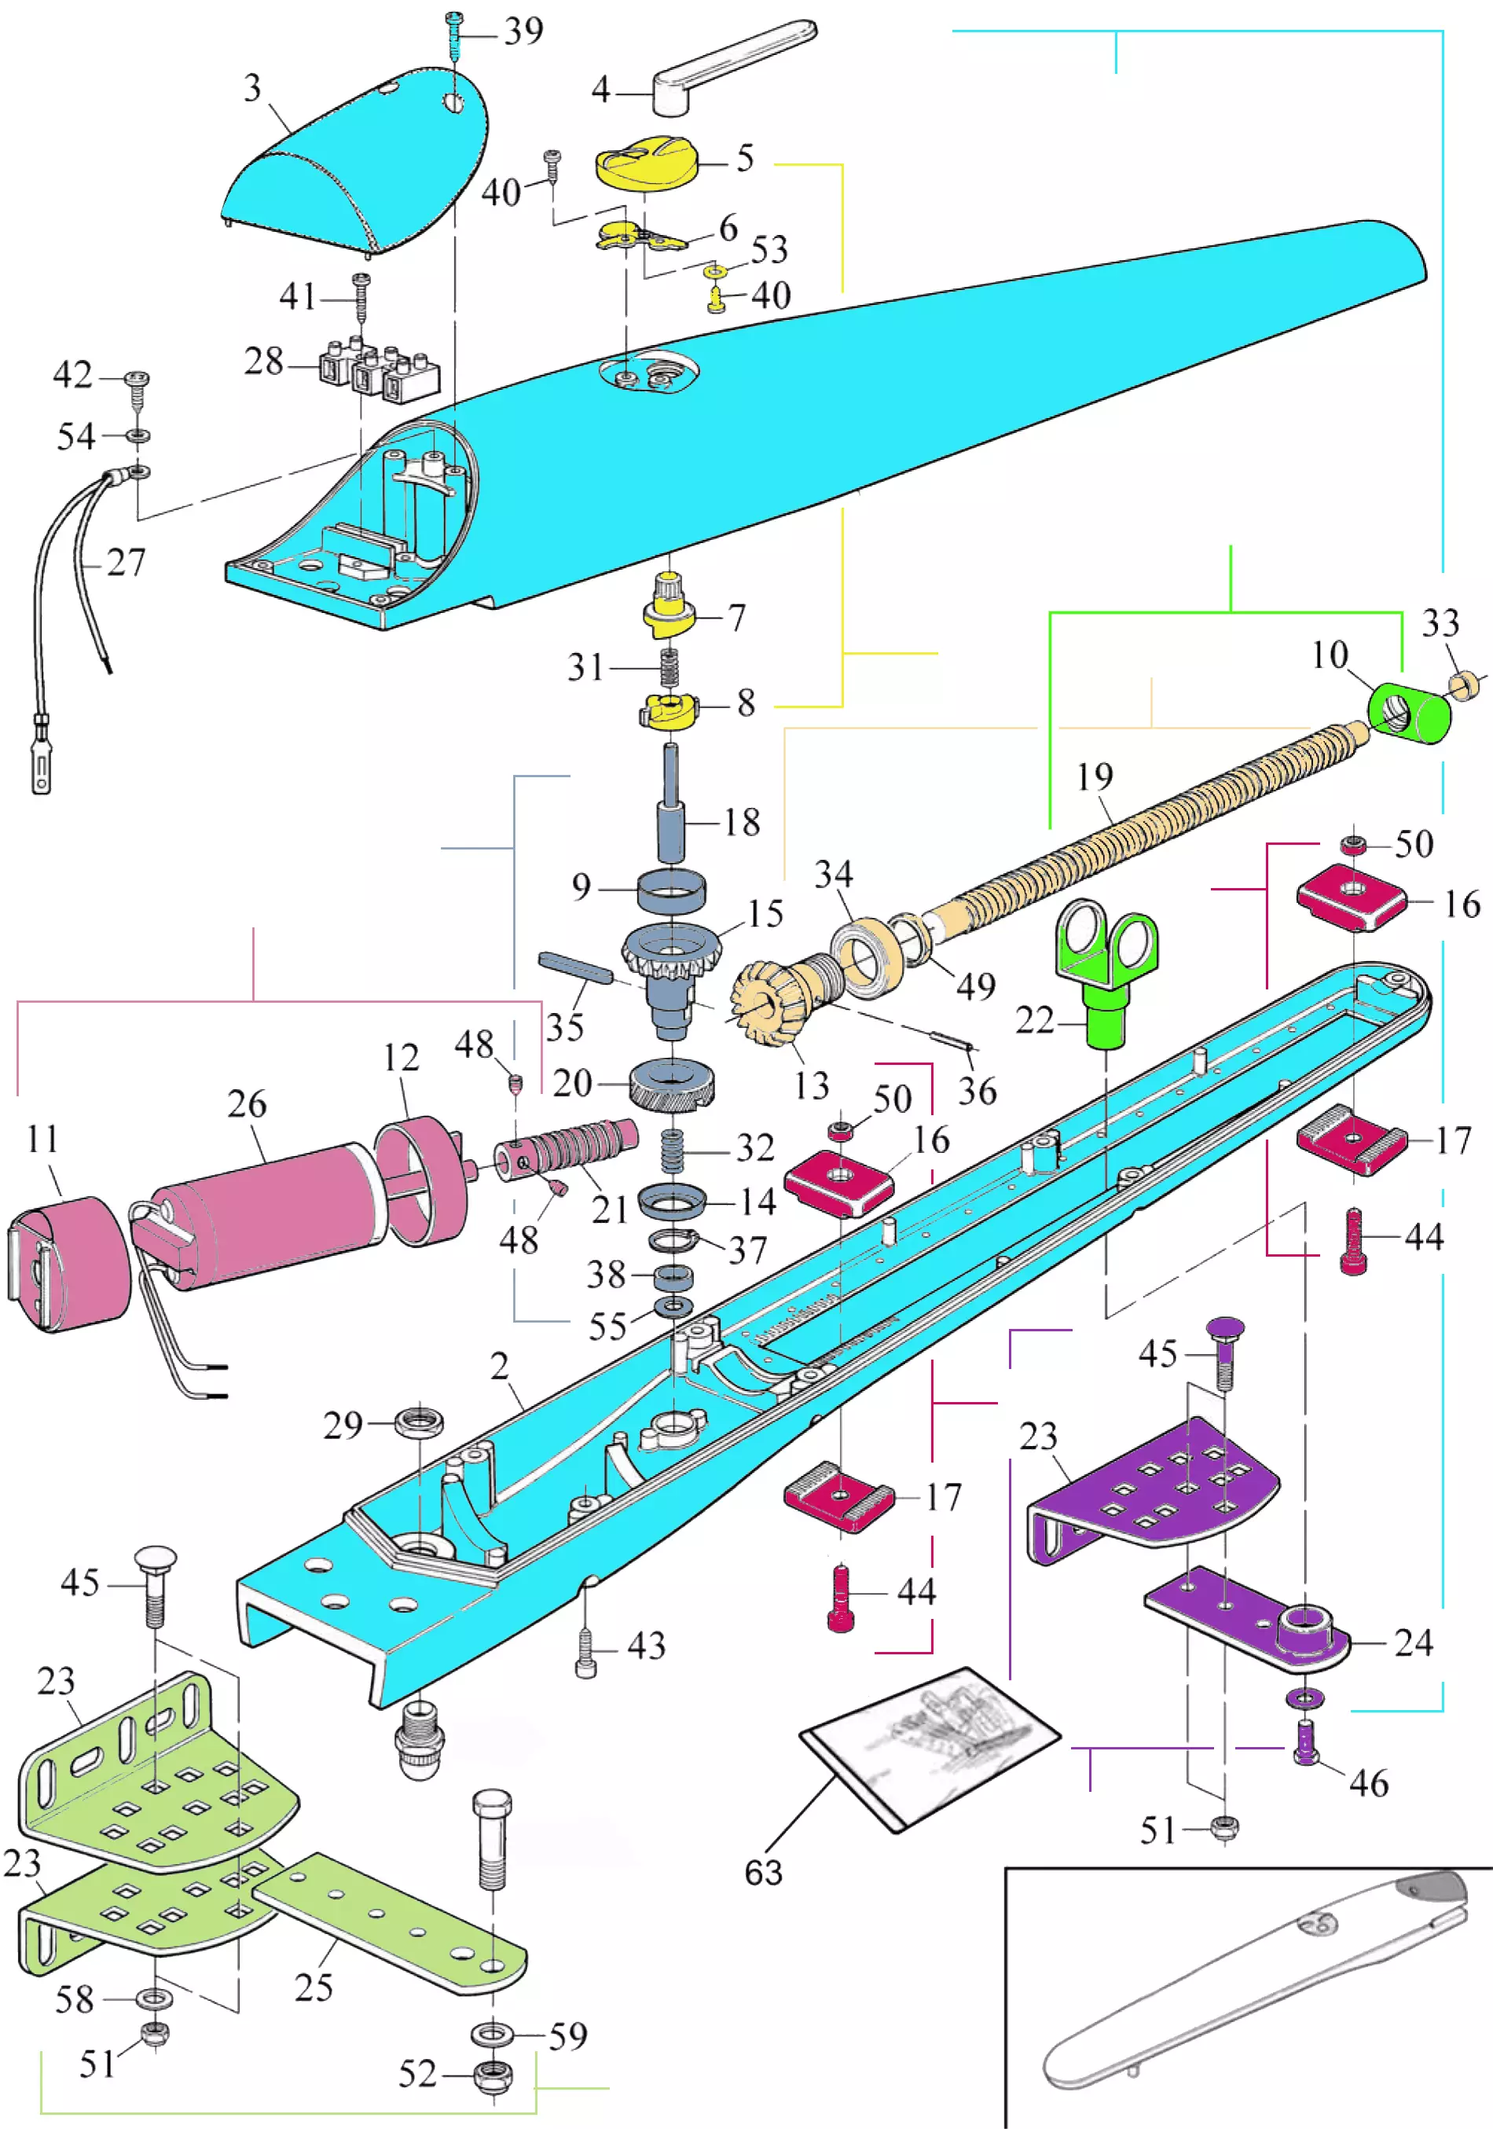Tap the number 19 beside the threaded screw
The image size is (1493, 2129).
[1095, 777]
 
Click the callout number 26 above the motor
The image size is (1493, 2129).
[247, 1103]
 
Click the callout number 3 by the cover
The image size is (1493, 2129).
[252, 88]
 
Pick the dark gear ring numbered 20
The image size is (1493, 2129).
[673, 1084]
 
